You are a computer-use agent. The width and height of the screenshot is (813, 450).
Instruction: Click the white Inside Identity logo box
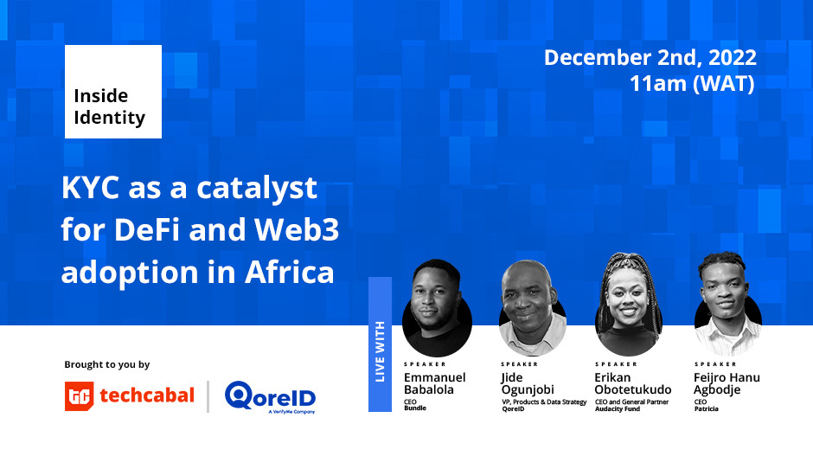click(x=113, y=92)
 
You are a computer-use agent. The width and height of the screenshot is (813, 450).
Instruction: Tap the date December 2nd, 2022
click(x=650, y=58)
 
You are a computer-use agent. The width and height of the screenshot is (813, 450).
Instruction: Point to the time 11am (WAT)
click(x=692, y=84)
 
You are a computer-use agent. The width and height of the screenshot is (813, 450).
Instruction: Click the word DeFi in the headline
click(x=147, y=229)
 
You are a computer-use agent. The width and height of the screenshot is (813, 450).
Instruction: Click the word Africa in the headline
click(x=290, y=272)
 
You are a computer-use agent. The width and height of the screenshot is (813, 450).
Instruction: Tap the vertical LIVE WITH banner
click(x=380, y=344)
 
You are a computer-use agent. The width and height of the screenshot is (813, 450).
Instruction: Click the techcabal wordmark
click(x=147, y=395)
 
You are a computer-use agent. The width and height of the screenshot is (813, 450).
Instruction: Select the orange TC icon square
click(x=80, y=396)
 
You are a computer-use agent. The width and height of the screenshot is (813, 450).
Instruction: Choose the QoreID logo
click(x=270, y=397)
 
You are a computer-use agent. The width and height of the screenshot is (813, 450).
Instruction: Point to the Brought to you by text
click(x=106, y=364)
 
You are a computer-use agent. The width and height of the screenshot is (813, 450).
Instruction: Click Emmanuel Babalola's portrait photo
click(x=437, y=308)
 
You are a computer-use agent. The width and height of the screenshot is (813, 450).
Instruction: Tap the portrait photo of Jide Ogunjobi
click(x=532, y=308)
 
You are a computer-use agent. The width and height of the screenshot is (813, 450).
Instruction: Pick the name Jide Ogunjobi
click(x=528, y=383)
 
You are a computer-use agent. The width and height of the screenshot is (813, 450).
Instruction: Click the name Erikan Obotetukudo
click(x=633, y=383)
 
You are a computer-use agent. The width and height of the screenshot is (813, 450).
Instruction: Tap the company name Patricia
click(x=707, y=409)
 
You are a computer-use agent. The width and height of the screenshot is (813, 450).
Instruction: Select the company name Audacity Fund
click(x=618, y=409)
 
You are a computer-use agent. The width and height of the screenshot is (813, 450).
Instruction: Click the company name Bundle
click(x=415, y=408)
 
